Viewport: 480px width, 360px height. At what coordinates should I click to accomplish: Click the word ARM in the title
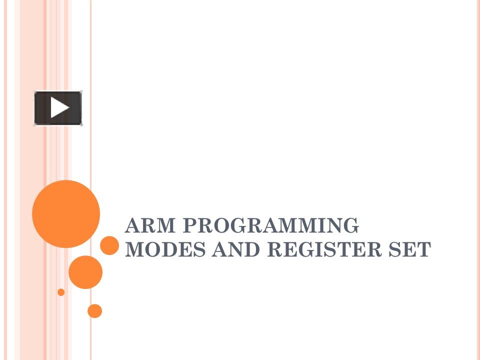pos(150,225)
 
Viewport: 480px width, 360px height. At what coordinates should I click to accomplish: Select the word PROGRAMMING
pos(270,225)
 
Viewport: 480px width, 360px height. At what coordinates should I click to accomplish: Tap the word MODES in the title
pos(165,249)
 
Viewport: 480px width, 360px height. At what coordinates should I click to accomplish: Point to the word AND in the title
pos(235,249)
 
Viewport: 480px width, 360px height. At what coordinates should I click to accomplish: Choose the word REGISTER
pos(324,249)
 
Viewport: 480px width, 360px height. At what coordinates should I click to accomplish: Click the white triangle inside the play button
pos(59,107)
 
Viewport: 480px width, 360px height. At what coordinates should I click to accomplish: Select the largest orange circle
pos(66,214)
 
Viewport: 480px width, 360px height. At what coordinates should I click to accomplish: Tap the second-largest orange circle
pos(85,272)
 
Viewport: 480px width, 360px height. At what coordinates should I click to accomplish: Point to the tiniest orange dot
pos(61,292)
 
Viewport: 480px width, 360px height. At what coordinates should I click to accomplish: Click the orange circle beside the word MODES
pos(109,245)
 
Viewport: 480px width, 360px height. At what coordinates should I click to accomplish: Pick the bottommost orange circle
pos(94,311)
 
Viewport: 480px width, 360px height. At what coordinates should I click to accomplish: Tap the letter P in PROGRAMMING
pos(190,225)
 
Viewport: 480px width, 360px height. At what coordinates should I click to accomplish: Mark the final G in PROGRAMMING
pos(351,225)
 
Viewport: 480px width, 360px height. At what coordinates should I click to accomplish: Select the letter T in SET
pos(423,249)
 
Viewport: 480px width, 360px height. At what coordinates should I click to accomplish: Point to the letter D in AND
pos(252,249)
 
